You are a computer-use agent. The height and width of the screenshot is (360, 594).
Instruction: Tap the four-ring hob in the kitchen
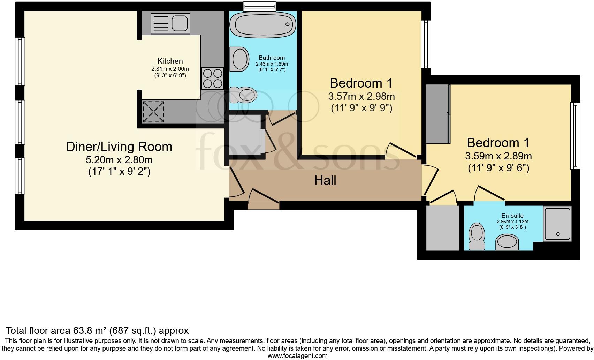(x=213, y=78)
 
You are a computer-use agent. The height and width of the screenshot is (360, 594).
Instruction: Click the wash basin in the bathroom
(x=239, y=59)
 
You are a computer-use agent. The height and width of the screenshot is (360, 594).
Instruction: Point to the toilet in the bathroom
(x=245, y=94)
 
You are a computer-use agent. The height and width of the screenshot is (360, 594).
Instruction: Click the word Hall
(x=325, y=180)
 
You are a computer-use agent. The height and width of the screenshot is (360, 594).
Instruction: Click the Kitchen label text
(x=170, y=61)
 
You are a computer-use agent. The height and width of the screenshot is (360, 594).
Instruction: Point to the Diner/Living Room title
(x=119, y=147)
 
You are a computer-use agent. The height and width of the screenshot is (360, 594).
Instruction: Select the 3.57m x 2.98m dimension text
(x=361, y=96)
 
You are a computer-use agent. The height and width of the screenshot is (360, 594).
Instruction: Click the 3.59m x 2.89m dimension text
(x=498, y=156)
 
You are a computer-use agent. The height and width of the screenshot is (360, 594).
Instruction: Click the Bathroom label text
(x=272, y=58)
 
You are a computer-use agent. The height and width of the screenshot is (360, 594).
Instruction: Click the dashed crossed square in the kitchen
(x=153, y=112)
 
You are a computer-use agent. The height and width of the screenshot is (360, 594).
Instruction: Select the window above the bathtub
(x=259, y=6)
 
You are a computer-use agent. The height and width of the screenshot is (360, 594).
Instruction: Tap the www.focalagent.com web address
(x=297, y=356)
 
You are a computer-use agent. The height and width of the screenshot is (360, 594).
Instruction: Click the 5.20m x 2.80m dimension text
(x=119, y=160)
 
